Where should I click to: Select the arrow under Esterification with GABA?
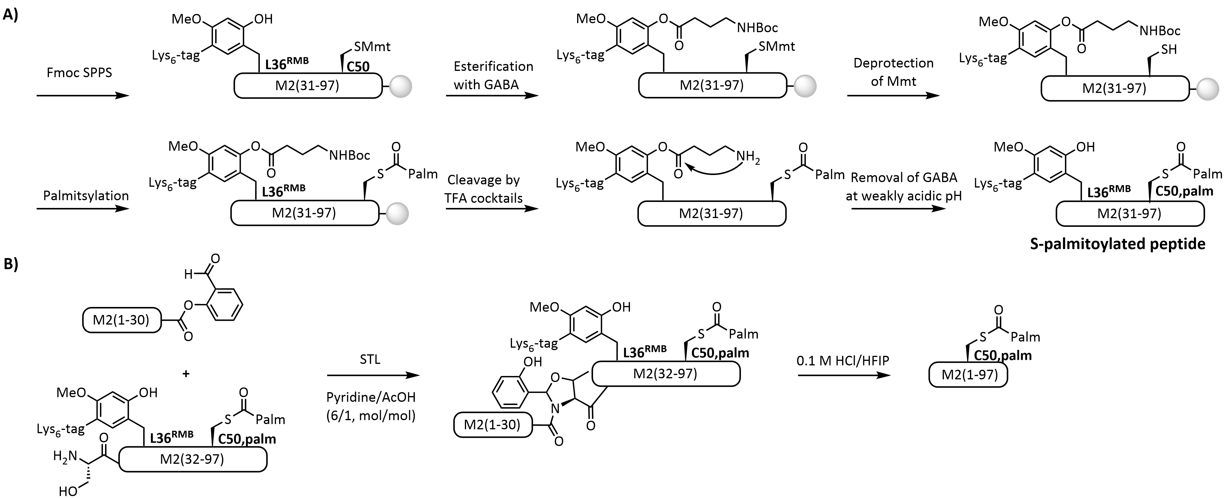[492, 96]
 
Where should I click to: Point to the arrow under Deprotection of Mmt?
[893, 96]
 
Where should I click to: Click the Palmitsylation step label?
[86, 196]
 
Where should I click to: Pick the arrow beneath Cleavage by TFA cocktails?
[492, 208]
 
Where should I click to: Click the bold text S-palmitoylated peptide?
[1117, 244]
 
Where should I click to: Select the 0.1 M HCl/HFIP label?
[843, 361]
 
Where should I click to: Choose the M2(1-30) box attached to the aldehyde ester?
[121, 320]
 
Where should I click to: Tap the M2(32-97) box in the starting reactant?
[192, 459]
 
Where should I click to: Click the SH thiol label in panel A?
[1169, 50]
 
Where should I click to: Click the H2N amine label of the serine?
[65, 457]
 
